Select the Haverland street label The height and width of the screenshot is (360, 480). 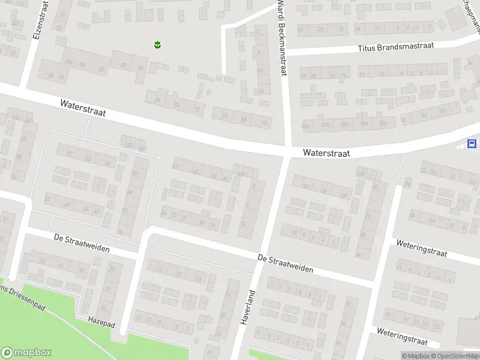pos(247,308)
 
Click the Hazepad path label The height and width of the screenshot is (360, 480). pos(100,320)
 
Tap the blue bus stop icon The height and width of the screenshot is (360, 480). pos(472,144)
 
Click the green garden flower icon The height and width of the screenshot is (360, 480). pos(157,44)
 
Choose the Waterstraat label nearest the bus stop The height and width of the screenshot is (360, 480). pos(326,154)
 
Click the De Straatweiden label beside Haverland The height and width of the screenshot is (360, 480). pos(285,263)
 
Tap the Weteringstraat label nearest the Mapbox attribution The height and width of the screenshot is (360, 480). pos(402,336)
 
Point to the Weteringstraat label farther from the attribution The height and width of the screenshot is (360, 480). pos(422,248)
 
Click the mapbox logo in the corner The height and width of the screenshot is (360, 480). pos(26,353)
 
